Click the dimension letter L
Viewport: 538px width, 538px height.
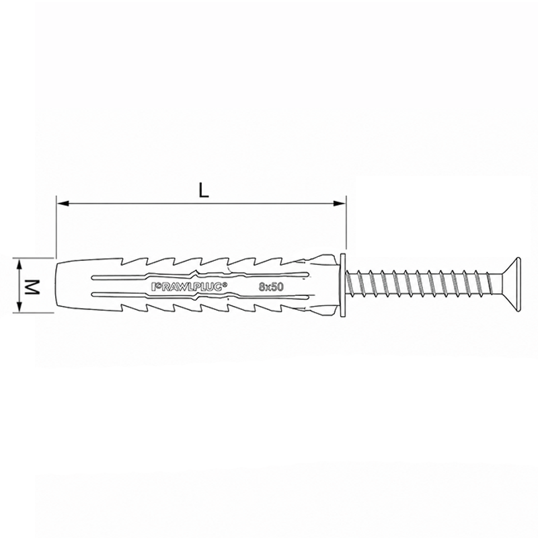tap(204, 191)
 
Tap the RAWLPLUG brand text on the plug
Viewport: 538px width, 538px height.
tap(189, 286)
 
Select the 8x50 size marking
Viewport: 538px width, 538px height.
tap(271, 287)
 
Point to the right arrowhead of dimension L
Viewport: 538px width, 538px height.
tap(339, 204)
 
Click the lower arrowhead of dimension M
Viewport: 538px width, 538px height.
tap(20, 306)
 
